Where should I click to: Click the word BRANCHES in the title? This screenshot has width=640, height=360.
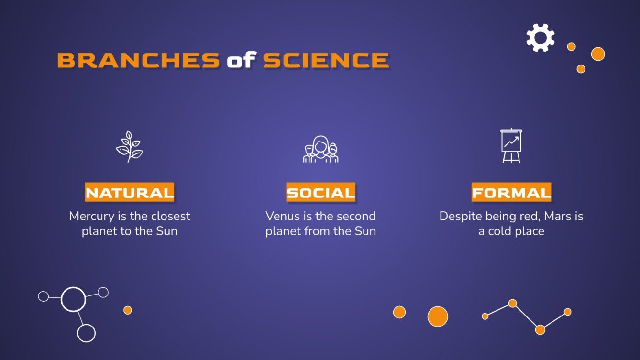[x=138, y=61]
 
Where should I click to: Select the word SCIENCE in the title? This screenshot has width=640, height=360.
[x=326, y=61]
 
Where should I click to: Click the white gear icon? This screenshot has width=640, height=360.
[x=540, y=38]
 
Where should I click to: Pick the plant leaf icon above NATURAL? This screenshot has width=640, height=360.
[x=129, y=147]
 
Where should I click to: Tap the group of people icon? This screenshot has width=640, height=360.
[x=320, y=150]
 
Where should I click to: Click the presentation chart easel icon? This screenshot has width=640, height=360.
[x=511, y=146]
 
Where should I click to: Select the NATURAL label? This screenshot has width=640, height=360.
[x=130, y=193]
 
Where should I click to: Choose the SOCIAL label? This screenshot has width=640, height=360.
[x=320, y=193]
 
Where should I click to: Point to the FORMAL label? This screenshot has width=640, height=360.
[x=511, y=193]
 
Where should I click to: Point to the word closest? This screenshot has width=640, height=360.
[x=170, y=217]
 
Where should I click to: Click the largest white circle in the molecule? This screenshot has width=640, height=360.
[x=74, y=299]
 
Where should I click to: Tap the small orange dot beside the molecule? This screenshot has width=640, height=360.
[x=127, y=310]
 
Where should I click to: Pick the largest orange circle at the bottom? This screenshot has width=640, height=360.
[x=437, y=316]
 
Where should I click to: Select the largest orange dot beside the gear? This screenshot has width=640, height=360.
[x=597, y=54]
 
